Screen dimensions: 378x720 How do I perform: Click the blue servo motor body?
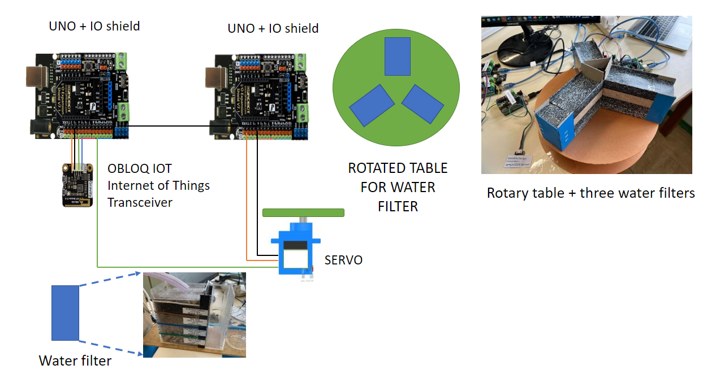pos(296,249)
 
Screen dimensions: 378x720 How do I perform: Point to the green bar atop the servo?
pos(303,213)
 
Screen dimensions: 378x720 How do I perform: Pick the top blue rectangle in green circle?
pos(397,57)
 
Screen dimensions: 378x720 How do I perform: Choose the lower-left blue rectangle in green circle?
pos(372,105)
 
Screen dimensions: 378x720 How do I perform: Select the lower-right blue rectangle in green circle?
pos(424,104)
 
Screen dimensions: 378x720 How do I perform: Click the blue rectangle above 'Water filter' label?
pos(65,312)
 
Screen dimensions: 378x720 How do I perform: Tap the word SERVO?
pos(343,260)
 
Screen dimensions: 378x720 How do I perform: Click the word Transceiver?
pos(140,202)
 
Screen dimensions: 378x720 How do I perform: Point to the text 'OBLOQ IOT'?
pos(139,168)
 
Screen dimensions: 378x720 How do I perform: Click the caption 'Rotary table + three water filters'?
pos(590,193)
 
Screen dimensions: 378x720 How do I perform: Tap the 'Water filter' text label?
pos(75,360)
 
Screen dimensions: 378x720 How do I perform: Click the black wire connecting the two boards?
pos(170,126)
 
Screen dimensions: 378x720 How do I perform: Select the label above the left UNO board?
pos(94,26)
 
